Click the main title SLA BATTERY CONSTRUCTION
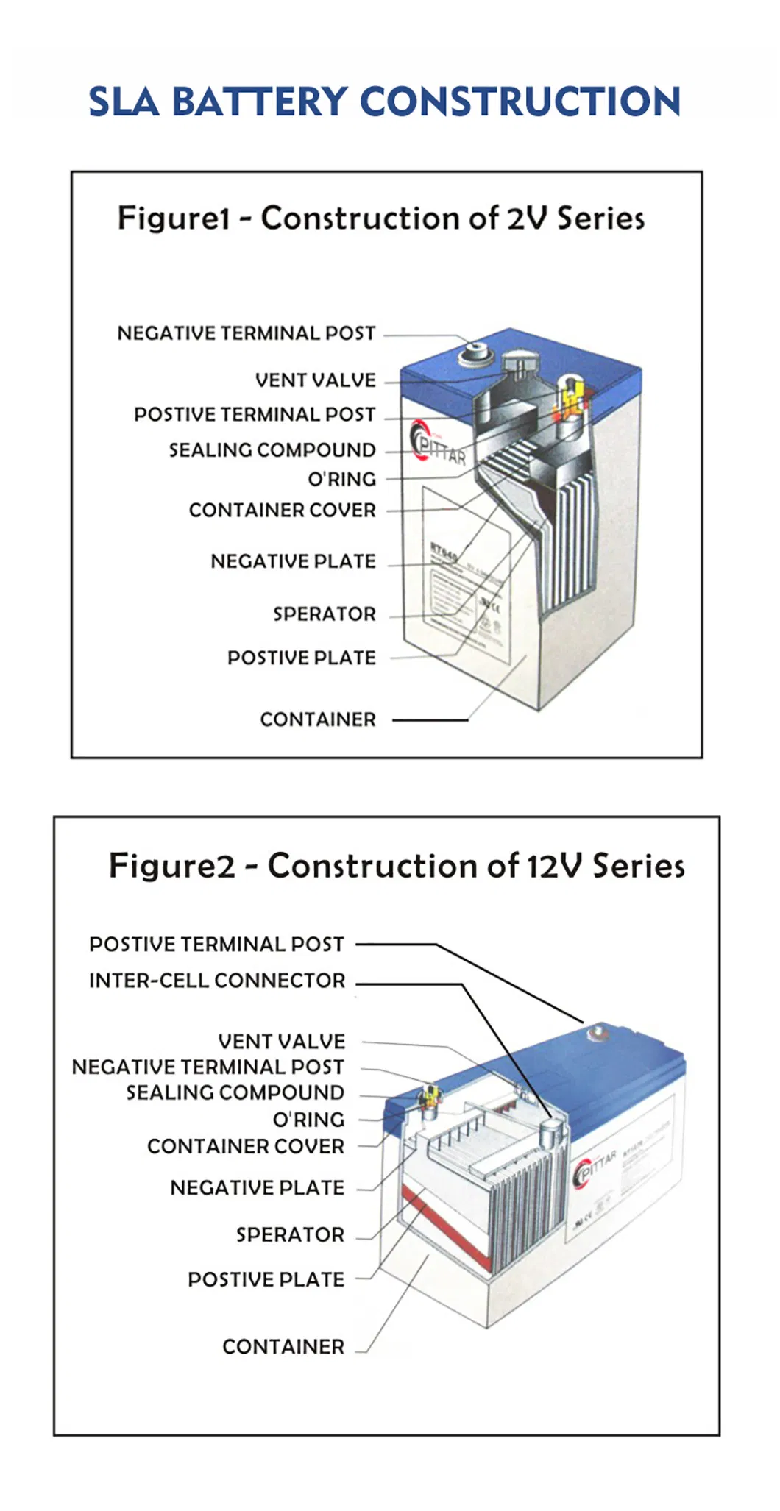pyautogui.click(x=384, y=102)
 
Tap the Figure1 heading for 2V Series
pyautogui.click(x=381, y=218)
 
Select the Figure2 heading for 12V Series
pyautogui.click(x=397, y=866)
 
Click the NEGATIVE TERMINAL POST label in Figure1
pyautogui.click(x=247, y=333)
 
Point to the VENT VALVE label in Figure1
pyautogui.click(x=315, y=380)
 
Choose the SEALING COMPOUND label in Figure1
pyautogui.click(x=272, y=449)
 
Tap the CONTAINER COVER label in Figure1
pyautogui.click(x=282, y=510)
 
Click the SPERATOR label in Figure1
pyautogui.click(x=324, y=614)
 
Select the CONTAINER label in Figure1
pyautogui.click(x=318, y=719)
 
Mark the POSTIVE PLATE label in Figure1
pyautogui.click(x=301, y=658)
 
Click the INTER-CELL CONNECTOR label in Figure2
pyautogui.click(x=217, y=981)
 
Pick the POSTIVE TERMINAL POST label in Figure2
pyautogui.click(x=216, y=944)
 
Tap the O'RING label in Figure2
pyautogui.click(x=308, y=1120)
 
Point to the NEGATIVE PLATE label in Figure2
pyautogui.click(x=257, y=1187)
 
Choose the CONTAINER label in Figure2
pyautogui.click(x=283, y=1346)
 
